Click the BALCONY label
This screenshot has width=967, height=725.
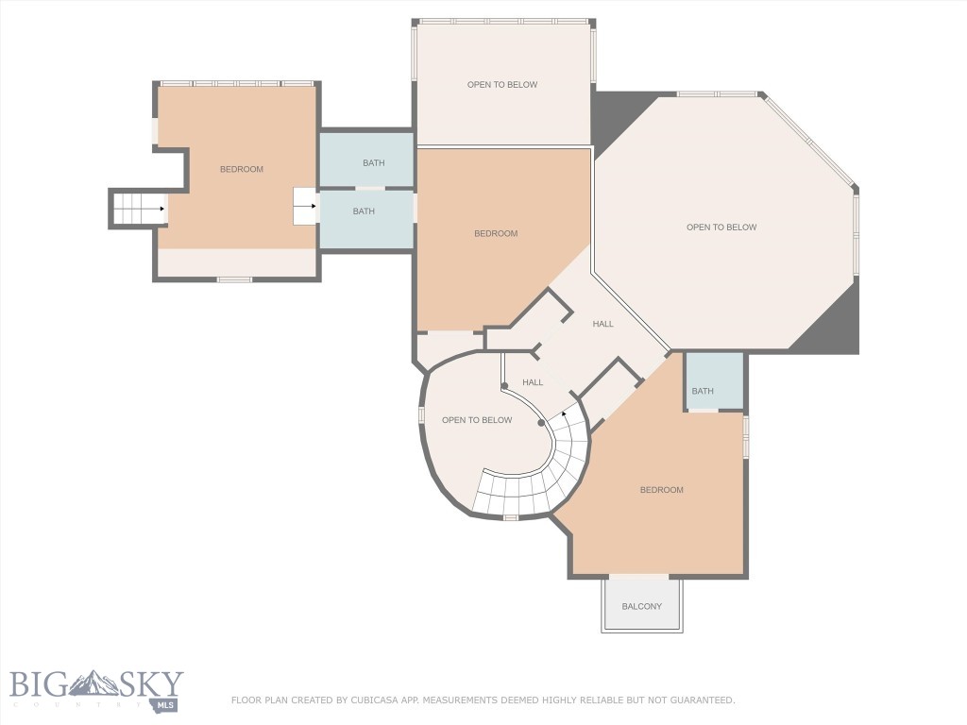tap(641, 606)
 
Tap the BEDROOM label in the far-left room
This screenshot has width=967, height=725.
tap(242, 169)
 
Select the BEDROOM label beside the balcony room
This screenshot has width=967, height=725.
tap(661, 490)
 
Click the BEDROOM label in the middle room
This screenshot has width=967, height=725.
tap(496, 234)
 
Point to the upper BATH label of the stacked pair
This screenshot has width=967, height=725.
tap(374, 163)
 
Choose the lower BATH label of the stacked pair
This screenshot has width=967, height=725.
tap(364, 211)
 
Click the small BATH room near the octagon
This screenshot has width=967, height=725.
tap(703, 391)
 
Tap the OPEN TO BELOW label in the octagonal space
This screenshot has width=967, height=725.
tap(721, 228)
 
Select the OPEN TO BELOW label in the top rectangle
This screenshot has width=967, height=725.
tap(502, 85)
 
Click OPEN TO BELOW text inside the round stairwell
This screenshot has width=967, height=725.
tap(477, 420)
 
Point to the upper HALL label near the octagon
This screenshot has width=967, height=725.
tap(602, 324)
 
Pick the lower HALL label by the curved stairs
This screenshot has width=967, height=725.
tap(533, 382)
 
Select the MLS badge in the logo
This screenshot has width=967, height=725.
tap(168, 704)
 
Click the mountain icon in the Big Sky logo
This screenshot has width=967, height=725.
tap(95, 683)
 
